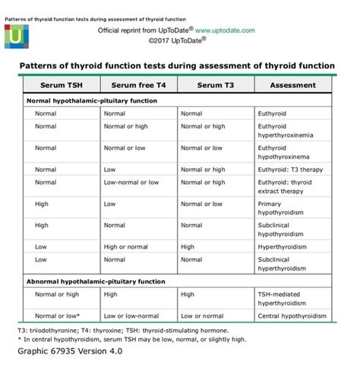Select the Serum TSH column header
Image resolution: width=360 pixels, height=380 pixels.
[x=58, y=86]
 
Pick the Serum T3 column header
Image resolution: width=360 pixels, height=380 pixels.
[x=216, y=86]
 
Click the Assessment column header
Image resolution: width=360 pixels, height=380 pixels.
[x=292, y=86]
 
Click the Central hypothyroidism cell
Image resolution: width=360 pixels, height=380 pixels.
[x=292, y=315]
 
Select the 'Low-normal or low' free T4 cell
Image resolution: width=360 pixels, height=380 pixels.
[x=137, y=182]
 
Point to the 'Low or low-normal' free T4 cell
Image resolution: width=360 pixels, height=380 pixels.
[x=137, y=315]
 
